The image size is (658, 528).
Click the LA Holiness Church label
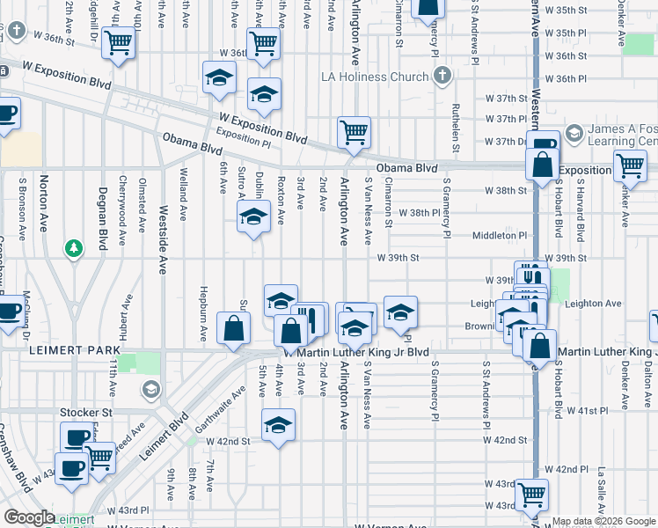pyautogui.click(x=383, y=77)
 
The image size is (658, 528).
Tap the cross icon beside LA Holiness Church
pyautogui.click(x=442, y=76)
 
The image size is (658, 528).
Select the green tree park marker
pyautogui.click(x=75, y=249)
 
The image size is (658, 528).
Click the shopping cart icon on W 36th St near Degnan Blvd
pyautogui.click(x=117, y=41)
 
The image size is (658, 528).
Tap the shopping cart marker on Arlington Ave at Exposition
pyautogui.click(x=354, y=133)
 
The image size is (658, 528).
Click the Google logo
pyautogui.click(x=29, y=517)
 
